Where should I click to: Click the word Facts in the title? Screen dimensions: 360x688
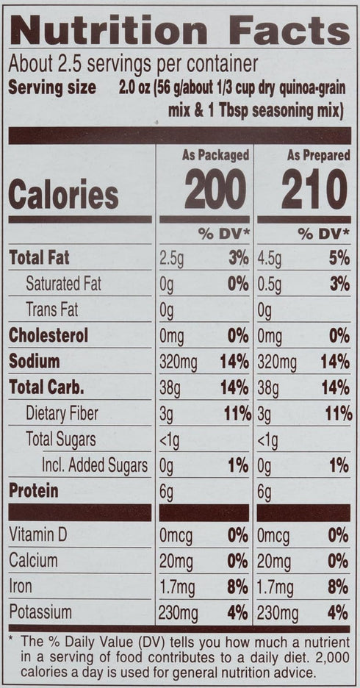(x=289, y=30)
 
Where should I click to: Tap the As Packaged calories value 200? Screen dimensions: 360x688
(x=215, y=189)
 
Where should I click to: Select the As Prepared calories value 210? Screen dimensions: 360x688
(x=314, y=189)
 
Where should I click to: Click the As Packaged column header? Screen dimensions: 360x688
(x=215, y=155)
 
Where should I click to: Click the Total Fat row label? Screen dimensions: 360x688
(x=39, y=258)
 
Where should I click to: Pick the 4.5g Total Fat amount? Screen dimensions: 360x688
(x=269, y=259)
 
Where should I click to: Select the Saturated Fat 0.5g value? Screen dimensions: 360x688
(x=269, y=284)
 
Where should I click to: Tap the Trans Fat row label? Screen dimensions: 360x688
(x=51, y=310)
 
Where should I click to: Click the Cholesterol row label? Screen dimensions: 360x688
(x=48, y=336)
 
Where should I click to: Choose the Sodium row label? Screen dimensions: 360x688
(x=35, y=362)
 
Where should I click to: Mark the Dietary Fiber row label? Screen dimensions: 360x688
(x=62, y=414)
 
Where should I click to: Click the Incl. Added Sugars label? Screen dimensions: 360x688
(x=95, y=465)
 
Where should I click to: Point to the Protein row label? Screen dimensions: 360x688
(x=33, y=491)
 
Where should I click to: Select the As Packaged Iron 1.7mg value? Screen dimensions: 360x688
(x=177, y=587)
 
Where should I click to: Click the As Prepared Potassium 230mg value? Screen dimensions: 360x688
(x=277, y=614)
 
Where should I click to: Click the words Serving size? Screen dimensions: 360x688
(x=52, y=87)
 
